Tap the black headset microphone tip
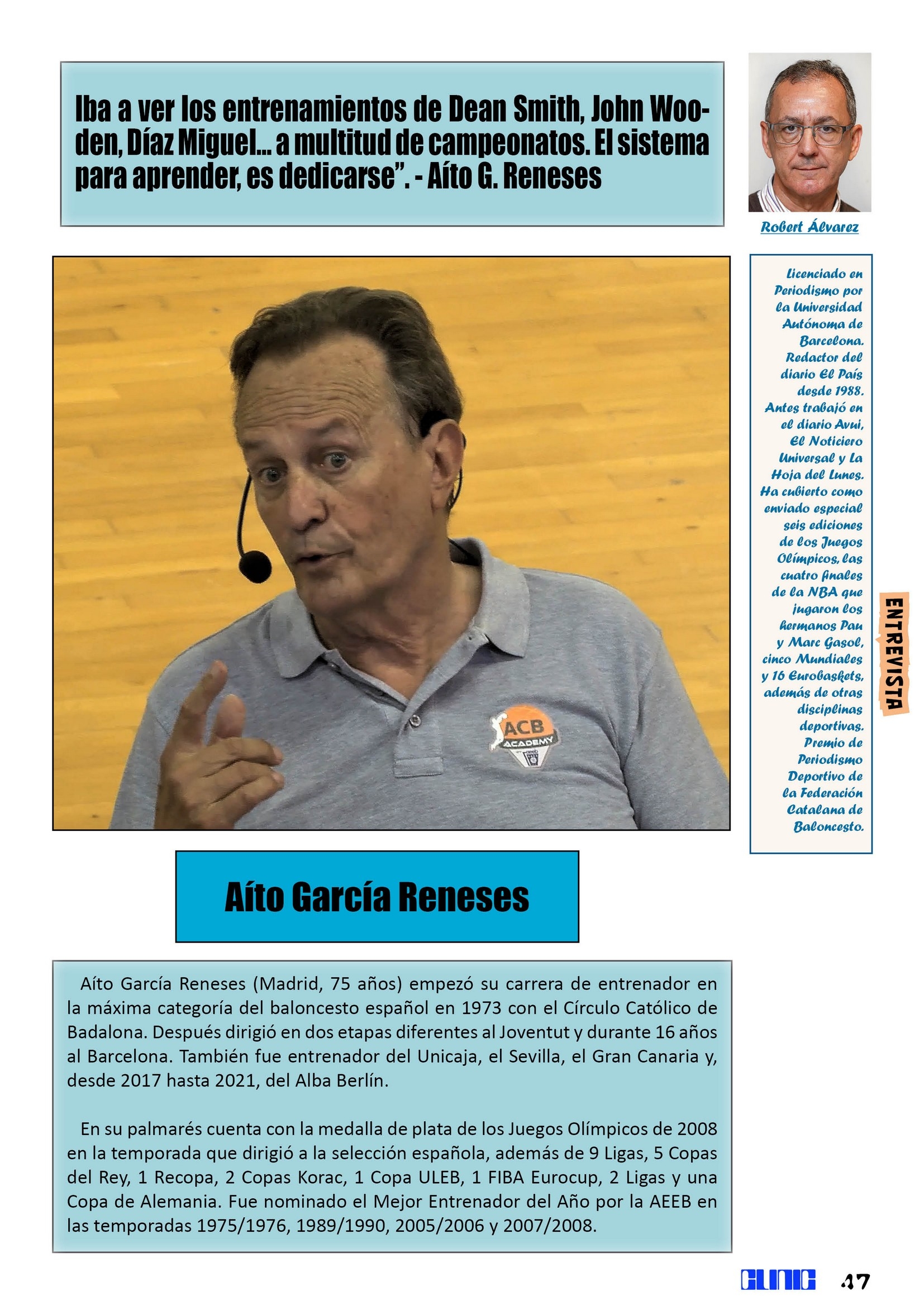coord(255,566)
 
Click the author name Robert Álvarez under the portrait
coord(809,227)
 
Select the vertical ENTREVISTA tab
coord(894,653)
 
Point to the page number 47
coord(855,1282)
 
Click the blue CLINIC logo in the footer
coord(778,1280)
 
